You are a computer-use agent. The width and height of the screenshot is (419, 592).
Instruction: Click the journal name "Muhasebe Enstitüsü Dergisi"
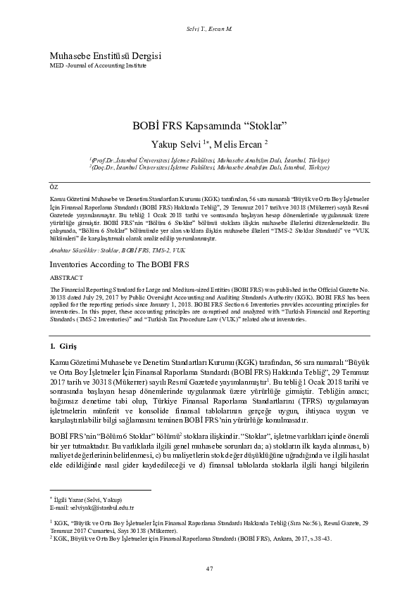pos(96,55)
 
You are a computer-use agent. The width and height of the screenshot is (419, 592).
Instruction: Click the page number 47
pos(209,568)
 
